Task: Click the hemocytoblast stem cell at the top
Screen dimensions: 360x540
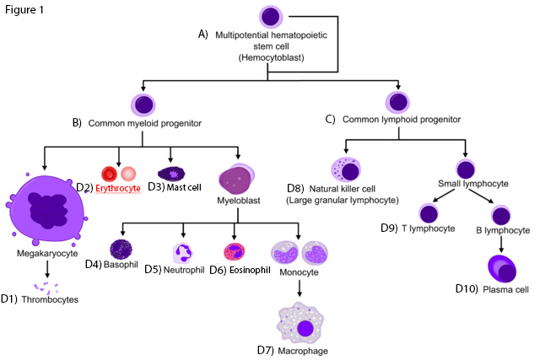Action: [x=268, y=17]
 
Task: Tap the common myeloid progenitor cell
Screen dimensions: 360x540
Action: [x=143, y=105]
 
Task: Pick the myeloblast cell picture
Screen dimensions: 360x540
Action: [x=239, y=179]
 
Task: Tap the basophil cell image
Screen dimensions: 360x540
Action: [x=121, y=250]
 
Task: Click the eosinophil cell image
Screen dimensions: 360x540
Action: [x=235, y=252]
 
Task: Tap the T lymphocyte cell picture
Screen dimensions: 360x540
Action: [x=429, y=214]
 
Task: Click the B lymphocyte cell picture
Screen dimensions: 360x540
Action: [x=500, y=214]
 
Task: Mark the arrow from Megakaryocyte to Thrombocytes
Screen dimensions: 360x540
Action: [x=47, y=268]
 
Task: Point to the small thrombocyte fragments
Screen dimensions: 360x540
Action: [x=45, y=288]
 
